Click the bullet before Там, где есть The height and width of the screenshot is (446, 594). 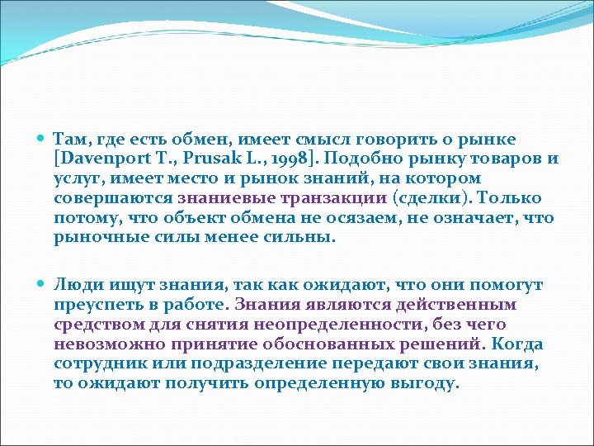(x=41, y=140)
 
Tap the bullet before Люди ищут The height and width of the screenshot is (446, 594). (x=41, y=285)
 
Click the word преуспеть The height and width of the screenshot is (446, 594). (x=95, y=304)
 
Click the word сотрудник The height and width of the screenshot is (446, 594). (x=99, y=363)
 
